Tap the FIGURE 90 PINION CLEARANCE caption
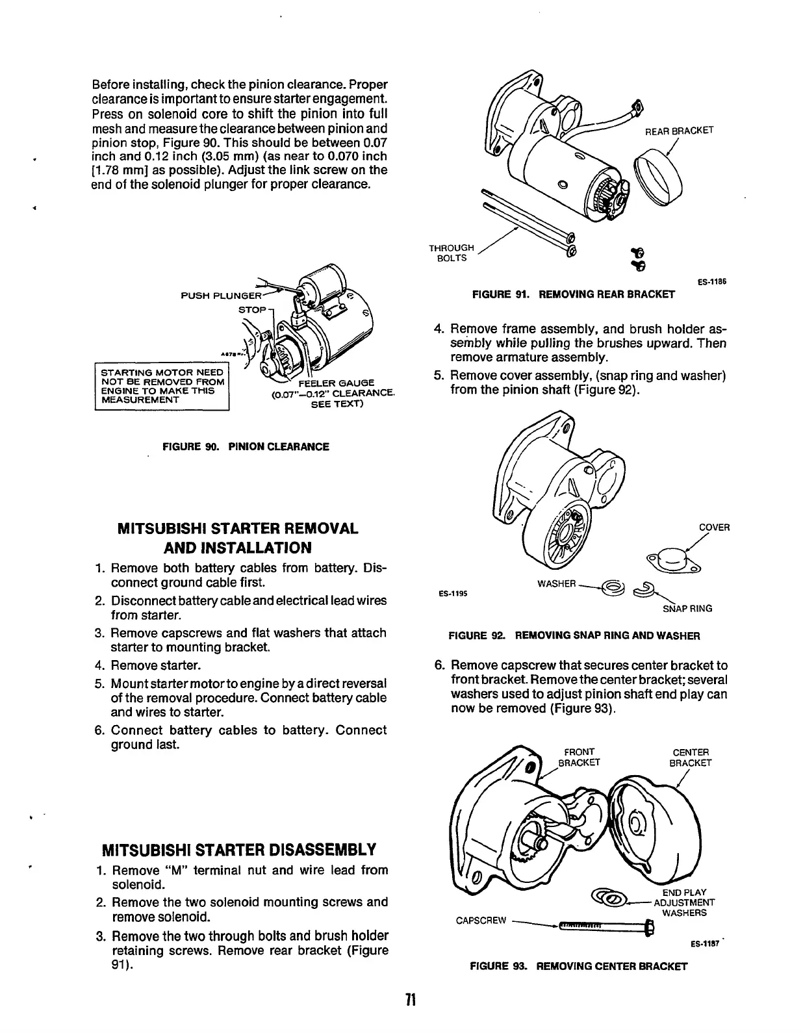pos(246,447)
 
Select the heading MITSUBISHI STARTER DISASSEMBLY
pos(239,850)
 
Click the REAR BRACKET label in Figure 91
pos(679,130)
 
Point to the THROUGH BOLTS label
pos(452,253)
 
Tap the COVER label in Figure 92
pos(714,527)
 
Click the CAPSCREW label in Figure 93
pos(481,920)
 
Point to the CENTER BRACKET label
pos(691,758)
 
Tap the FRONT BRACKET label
pos(580,758)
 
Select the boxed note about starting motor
pos(162,386)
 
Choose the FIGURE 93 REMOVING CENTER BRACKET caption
pos(578,966)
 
